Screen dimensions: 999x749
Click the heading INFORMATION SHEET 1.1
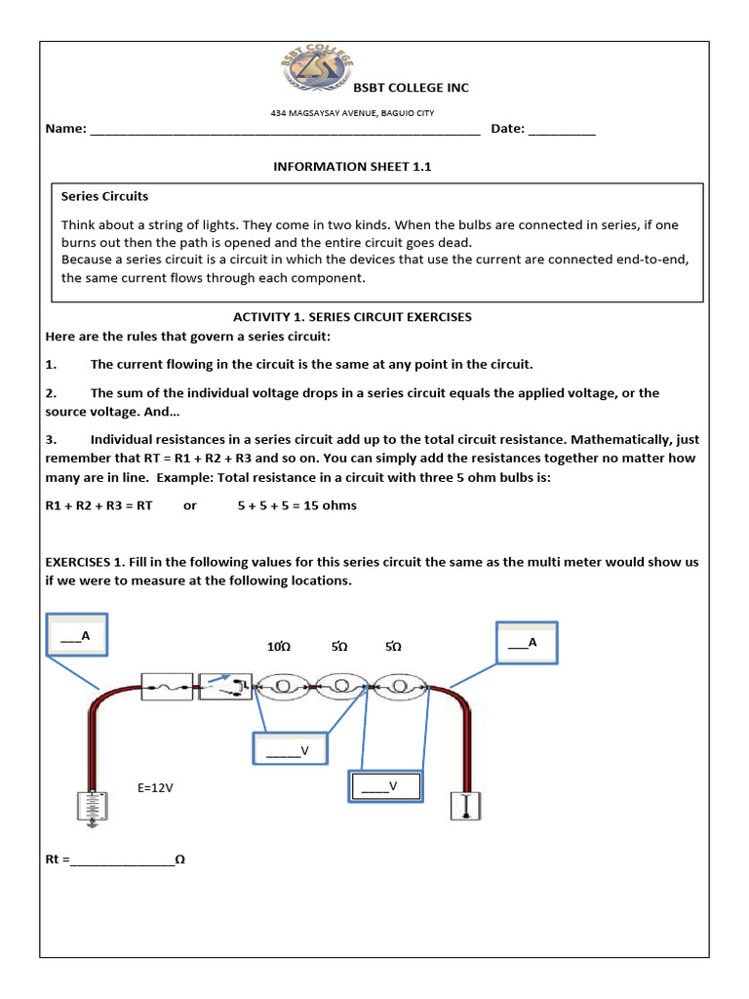pos(352,167)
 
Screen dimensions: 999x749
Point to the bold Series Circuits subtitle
pos(105,196)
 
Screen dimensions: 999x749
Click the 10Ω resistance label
pos(280,647)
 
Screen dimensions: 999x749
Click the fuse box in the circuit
pos(170,687)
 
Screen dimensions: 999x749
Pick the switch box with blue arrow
pos(226,687)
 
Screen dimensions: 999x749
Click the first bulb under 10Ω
pos(282,687)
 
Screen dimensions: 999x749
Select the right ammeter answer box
pos(527,642)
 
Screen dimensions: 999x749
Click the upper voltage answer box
pos(290,749)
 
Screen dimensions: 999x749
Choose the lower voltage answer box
pos(384,786)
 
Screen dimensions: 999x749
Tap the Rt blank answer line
pos(122,861)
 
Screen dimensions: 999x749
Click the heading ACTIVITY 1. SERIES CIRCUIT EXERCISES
pos(352,317)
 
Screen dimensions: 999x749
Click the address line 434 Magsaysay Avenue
pos(352,113)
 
